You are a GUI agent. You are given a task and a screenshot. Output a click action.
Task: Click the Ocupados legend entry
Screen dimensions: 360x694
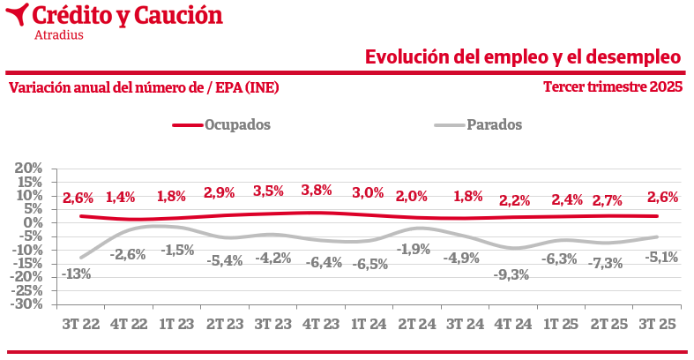(221, 124)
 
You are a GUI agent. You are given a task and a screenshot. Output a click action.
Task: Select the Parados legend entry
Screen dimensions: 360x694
(479, 124)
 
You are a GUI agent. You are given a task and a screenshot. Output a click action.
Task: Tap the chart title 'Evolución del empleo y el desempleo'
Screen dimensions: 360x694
(523, 57)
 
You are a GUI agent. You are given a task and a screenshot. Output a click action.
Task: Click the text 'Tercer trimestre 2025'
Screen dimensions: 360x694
(613, 87)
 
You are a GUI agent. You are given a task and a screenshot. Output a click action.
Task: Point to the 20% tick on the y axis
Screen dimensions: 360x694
(28, 168)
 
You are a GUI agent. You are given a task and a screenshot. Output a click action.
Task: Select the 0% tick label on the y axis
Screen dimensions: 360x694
(33, 222)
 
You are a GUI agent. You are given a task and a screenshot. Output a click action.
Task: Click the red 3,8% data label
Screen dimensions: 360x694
(316, 190)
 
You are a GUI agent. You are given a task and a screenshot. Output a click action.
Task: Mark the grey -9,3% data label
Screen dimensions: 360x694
(512, 274)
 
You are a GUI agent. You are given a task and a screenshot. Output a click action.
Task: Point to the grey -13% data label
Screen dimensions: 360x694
(77, 274)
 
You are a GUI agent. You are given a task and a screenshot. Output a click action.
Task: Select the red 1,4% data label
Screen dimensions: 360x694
(121, 198)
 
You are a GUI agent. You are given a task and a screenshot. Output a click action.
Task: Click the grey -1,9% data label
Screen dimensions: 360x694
(414, 249)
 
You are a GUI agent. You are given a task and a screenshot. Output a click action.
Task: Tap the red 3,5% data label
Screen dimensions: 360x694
(268, 191)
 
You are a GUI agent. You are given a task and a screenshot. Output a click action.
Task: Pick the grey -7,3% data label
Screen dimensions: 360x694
(607, 262)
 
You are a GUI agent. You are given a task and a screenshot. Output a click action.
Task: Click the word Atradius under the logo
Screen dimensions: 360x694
(58, 35)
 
